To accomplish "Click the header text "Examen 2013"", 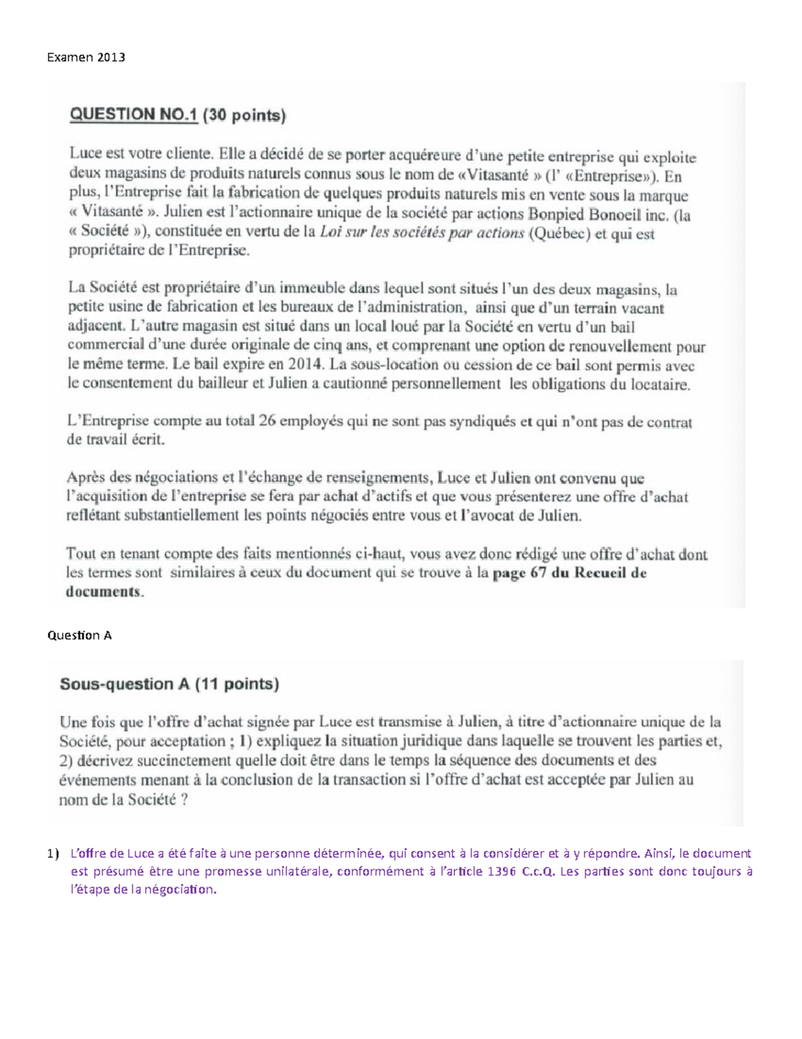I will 86,57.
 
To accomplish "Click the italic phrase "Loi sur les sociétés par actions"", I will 422,233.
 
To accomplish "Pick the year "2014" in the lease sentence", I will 309,365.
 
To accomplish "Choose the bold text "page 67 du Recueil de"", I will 569,573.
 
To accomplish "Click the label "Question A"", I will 79,636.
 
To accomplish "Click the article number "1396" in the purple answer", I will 503,871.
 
